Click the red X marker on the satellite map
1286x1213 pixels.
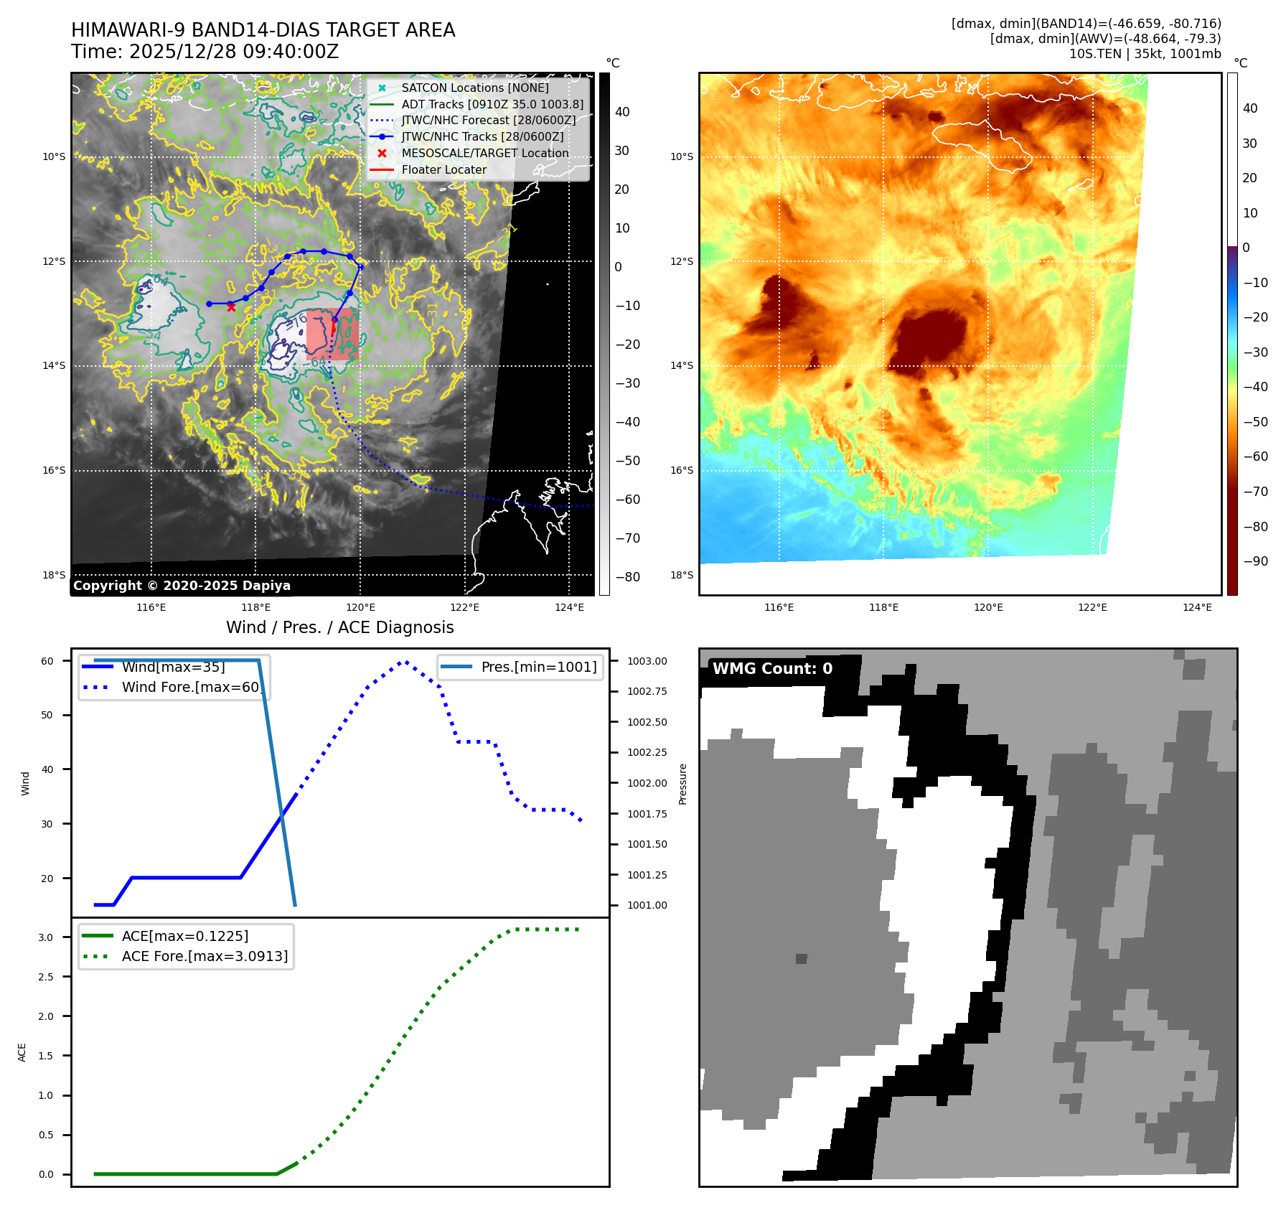[231, 307]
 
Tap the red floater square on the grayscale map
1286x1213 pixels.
[332, 334]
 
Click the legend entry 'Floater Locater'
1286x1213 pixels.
[443, 170]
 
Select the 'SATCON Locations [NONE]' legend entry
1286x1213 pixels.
[474, 88]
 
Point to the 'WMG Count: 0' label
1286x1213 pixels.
[772, 669]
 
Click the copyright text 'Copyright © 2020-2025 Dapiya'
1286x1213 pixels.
[182, 586]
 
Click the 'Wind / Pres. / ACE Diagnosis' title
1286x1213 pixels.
[339, 627]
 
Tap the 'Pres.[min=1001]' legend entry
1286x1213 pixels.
[538, 667]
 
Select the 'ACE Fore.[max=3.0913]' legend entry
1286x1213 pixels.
[205, 956]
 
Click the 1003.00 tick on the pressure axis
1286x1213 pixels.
[647, 661]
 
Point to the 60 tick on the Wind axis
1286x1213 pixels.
[47, 661]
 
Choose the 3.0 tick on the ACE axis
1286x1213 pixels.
[46, 937]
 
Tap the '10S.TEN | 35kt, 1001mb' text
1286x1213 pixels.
[1145, 54]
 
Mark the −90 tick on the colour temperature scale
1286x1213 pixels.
[1255, 561]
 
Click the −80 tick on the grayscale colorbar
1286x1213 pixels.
[627, 577]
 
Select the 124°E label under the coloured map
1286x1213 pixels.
[1197, 607]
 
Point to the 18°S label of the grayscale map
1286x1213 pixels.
[54, 575]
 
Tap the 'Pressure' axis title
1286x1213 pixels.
[682, 784]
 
